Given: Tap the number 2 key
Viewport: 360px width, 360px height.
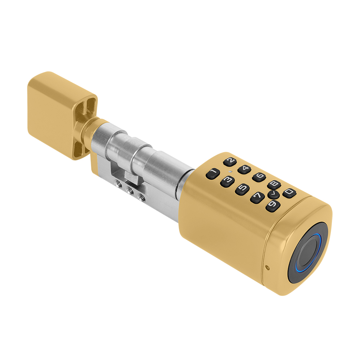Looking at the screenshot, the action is click(x=230, y=162).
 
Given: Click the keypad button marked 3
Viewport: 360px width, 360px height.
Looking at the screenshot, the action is click(x=227, y=181).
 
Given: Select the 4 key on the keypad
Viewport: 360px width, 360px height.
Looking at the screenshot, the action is click(x=244, y=169).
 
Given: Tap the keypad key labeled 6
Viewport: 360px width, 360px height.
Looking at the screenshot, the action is click(x=259, y=177).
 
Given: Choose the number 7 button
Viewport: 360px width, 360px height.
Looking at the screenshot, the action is click(x=257, y=197).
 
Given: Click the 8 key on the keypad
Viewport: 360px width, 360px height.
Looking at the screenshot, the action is click(x=274, y=184).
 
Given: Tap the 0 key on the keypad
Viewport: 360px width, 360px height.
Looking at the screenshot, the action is click(x=289, y=193).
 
